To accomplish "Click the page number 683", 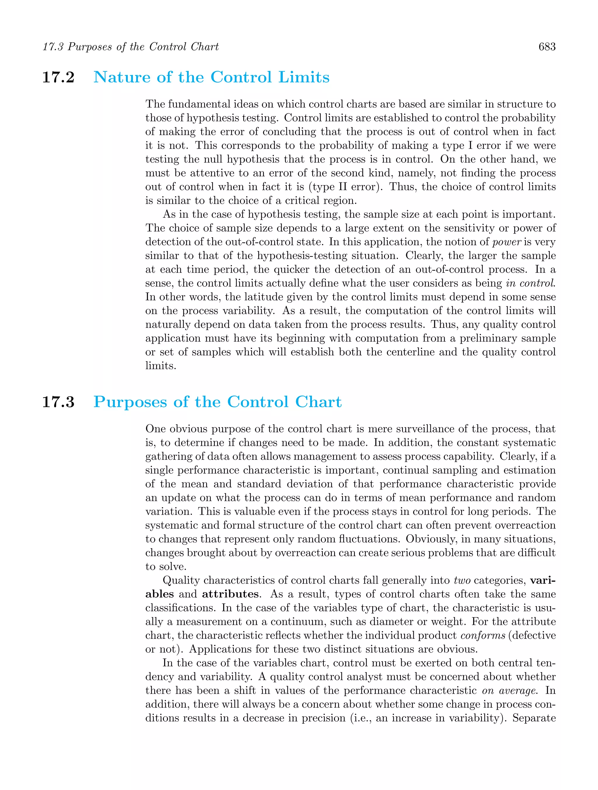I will pyautogui.click(x=547, y=47).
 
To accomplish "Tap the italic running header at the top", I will pyautogui.click(x=131, y=47).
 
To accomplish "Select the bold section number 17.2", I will pyautogui.click(x=58, y=77).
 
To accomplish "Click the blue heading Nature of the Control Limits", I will pyautogui.click(x=211, y=77).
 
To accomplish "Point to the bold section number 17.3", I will pyautogui.click(x=58, y=402).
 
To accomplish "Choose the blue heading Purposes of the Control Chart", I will pyautogui.click(x=217, y=402).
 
